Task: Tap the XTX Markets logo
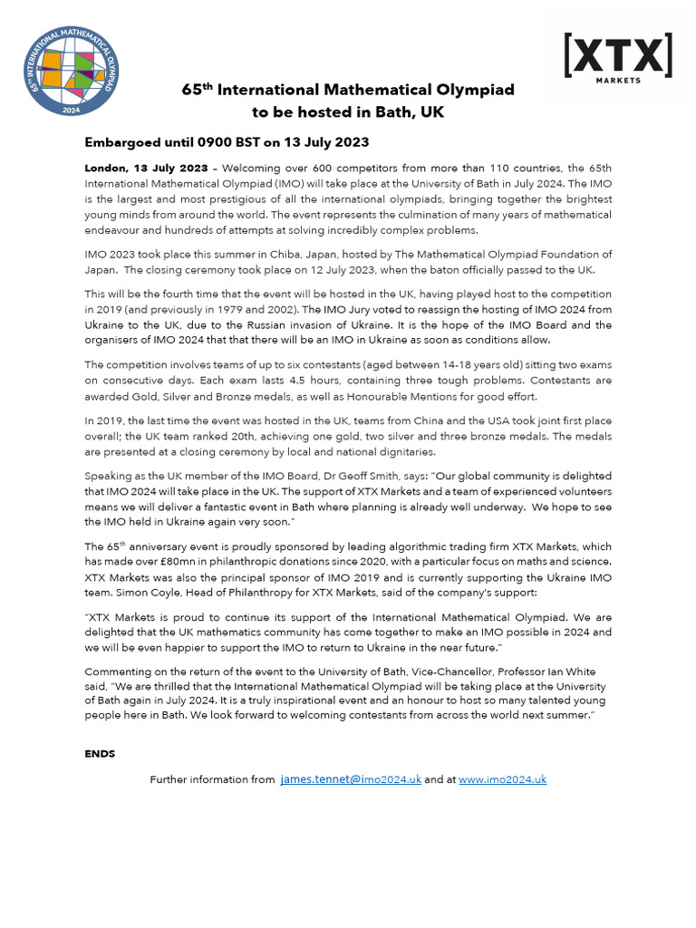(617, 58)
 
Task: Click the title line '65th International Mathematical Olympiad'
(348, 91)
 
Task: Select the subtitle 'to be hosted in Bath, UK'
(348, 112)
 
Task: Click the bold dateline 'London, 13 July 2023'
(146, 169)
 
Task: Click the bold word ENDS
(100, 753)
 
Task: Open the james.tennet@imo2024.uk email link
(351, 779)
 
